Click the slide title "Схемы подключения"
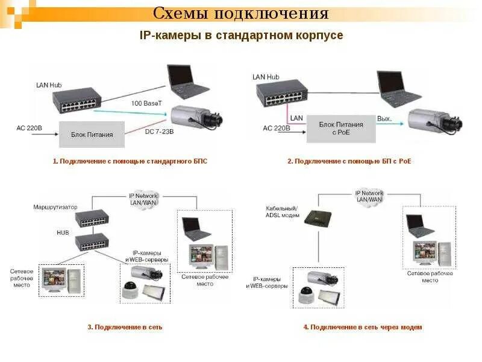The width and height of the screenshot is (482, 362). (240, 13)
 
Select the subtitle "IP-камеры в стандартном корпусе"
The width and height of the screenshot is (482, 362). (241, 36)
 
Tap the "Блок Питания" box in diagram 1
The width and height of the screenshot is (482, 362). (92, 135)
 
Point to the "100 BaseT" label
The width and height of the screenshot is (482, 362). (147, 103)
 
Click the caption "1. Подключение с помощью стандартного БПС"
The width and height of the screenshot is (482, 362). (130, 162)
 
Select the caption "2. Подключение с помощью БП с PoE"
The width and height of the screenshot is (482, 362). (349, 162)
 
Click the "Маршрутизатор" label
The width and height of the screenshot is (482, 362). (55, 207)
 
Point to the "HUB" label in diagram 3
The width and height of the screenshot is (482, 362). (63, 232)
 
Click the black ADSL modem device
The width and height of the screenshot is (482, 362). (318, 219)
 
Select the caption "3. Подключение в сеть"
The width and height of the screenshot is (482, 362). (125, 327)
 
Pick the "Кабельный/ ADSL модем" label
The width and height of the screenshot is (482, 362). (282, 211)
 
